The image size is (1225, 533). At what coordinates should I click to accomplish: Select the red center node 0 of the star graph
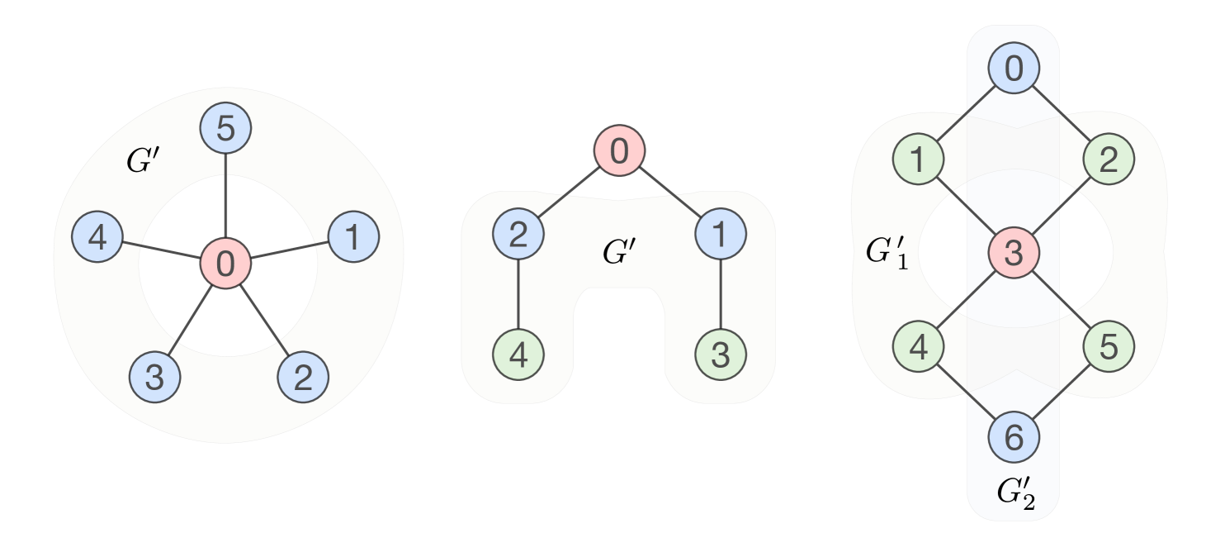(x=225, y=264)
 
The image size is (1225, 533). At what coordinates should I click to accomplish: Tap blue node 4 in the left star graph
(x=97, y=238)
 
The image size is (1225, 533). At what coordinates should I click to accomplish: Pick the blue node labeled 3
(x=154, y=377)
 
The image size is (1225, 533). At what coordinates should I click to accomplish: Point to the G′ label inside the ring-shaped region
(x=142, y=160)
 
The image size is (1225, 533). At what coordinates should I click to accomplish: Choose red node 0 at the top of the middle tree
(x=618, y=151)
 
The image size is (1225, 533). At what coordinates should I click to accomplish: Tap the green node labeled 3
(x=721, y=355)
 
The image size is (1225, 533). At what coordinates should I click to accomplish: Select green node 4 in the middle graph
(x=518, y=355)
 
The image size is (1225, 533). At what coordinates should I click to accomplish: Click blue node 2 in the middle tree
(x=518, y=235)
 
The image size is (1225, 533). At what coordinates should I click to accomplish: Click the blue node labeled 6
(x=1014, y=438)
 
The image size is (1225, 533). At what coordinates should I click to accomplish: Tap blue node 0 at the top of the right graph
(x=1014, y=69)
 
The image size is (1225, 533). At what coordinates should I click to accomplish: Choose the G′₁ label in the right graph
(x=886, y=252)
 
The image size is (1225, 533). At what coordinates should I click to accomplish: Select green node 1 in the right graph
(x=918, y=160)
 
